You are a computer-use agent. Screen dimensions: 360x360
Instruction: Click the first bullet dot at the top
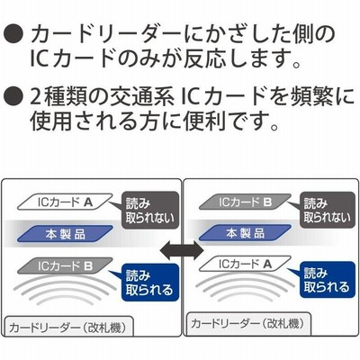point(13,35)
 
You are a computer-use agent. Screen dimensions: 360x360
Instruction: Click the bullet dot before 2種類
point(13,95)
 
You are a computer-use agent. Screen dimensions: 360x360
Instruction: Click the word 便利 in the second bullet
point(205,121)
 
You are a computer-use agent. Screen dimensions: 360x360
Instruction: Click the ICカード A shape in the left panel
point(65,202)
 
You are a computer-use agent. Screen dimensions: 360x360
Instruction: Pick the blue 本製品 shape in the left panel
point(65,234)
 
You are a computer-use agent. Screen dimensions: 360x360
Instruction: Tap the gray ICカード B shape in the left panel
point(65,265)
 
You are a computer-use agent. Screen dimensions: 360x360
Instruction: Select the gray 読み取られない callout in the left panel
point(149,211)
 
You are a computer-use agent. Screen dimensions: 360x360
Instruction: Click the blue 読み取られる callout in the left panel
point(149,283)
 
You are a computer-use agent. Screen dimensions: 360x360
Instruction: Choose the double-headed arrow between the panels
point(182,249)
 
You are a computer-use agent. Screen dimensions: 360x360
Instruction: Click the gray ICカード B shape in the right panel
point(245,202)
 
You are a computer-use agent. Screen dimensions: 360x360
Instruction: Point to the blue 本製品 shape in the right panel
point(245,233)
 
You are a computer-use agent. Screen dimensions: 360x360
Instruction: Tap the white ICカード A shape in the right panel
point(245,264)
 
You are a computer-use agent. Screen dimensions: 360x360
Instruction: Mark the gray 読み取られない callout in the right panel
point(328,210)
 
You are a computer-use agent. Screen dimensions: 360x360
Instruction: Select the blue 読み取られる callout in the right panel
point(328,280)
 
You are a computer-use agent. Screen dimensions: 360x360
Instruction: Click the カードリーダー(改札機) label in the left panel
point(67,327)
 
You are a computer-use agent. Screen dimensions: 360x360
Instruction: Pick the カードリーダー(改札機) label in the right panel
point(247,324)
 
